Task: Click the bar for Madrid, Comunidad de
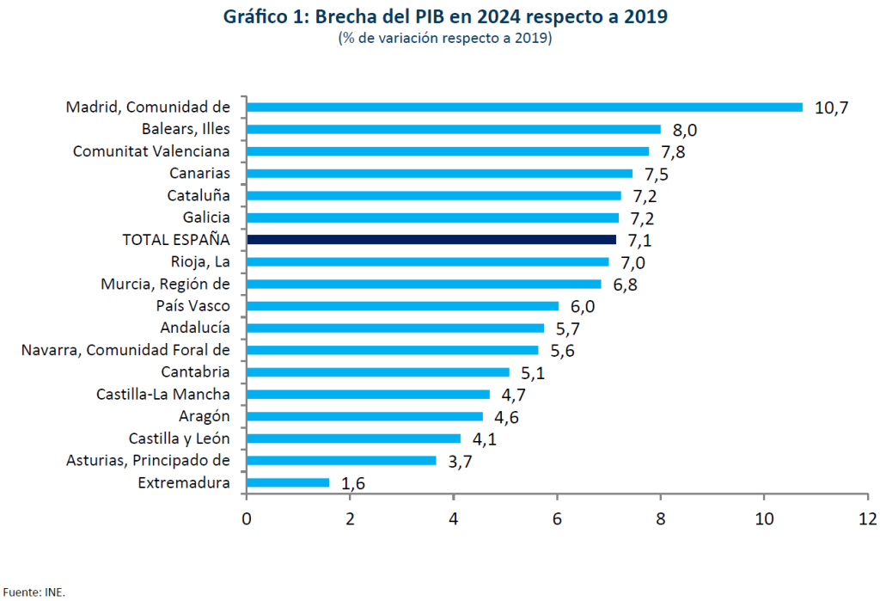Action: (x=524, y=107)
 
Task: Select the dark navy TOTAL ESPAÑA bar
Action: (x=431, y=240)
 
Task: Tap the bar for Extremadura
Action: (x=288, y=482)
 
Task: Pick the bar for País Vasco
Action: (x=402, y=306)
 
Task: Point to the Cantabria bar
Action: (x=378, y=372)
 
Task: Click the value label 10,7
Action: (x=831, y=108)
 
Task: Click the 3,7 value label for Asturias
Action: (x=460, y=462)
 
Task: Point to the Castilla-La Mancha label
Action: (x=163, y=395)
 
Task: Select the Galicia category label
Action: (x=206, y=218)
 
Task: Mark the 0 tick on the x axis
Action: (x=247, y=519)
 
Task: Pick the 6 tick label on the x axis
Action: (x=557, y=519)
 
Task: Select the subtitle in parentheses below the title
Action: (x=445, y=39)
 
